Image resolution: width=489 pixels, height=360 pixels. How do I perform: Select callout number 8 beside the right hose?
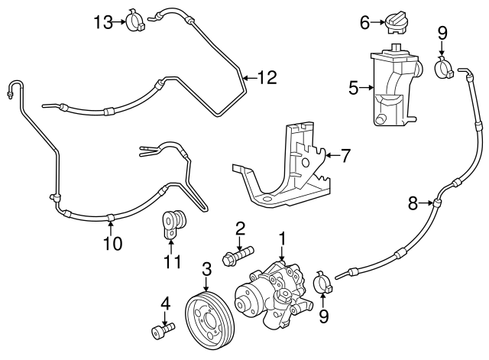click(413, 203)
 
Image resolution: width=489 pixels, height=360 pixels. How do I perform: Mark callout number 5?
click(354, 88)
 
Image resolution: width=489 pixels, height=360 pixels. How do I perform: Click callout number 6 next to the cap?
click(365, 23)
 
